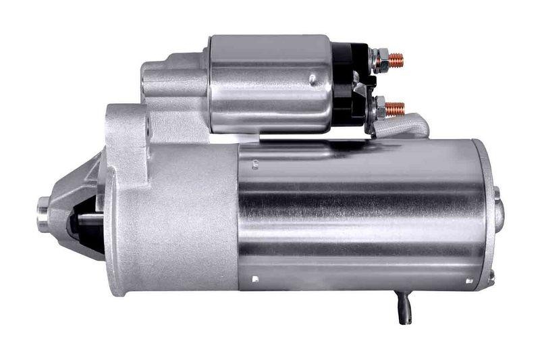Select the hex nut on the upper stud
tap(381, 59)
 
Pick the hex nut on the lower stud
tap(381, 107)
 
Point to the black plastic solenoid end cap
tap(350, 84)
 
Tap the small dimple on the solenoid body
tap(313, 80)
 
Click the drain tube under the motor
tap(404, 307)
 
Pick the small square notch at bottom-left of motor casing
tap(255, 278)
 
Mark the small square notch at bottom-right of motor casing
tap(468, 279)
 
